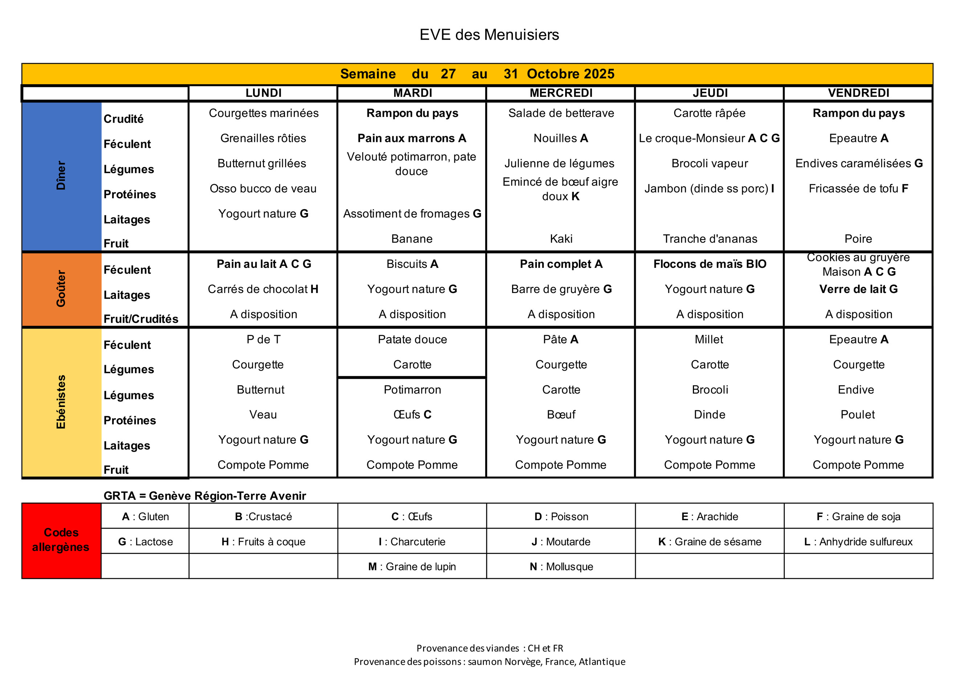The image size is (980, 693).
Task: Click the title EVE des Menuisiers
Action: (489, 34)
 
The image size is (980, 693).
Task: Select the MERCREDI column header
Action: (561, 93)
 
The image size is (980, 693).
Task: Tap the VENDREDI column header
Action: (858, 93)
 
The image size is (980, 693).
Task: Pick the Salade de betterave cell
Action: (561, 113)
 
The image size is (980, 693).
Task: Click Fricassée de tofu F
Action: (858, 189)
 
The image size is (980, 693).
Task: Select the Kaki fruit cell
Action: (561, 239)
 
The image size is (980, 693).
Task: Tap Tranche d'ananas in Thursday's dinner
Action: (710, 239)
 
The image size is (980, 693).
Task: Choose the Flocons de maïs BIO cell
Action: (710, 264)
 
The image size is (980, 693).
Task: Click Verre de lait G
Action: (858, 289)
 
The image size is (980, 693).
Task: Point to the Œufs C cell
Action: (412, 415)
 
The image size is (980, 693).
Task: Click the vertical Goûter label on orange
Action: (61, 289)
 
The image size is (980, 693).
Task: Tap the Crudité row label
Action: (123, 119)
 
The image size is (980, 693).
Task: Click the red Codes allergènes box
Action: (61, 540)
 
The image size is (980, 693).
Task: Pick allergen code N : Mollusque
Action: (561, 567)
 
